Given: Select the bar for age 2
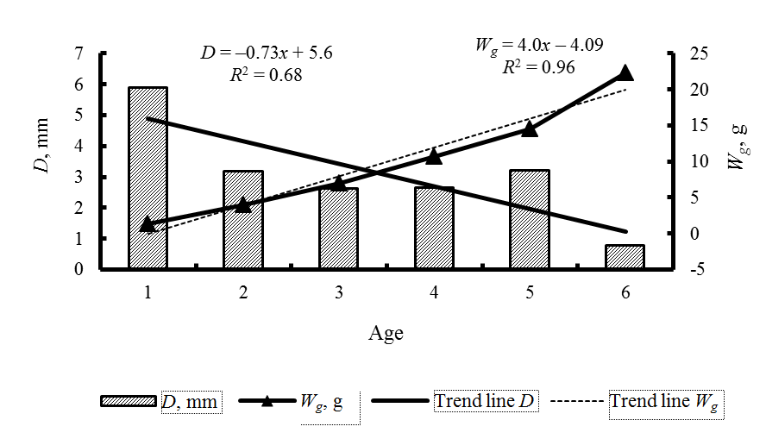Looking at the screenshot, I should tap(243, 220).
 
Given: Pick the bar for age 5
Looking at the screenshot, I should tap(529, 220).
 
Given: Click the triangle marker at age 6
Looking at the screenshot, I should tap(625, 73).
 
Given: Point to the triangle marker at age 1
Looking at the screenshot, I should tap(148, 224).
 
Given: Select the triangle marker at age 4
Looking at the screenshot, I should tap(434, 156).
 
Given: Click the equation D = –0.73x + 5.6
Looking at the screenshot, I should tap(266, 53).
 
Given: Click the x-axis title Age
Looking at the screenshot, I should tap(386, 333).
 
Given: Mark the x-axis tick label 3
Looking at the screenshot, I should tap(339, 292).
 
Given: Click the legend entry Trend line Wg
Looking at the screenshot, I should tap(665, 401).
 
